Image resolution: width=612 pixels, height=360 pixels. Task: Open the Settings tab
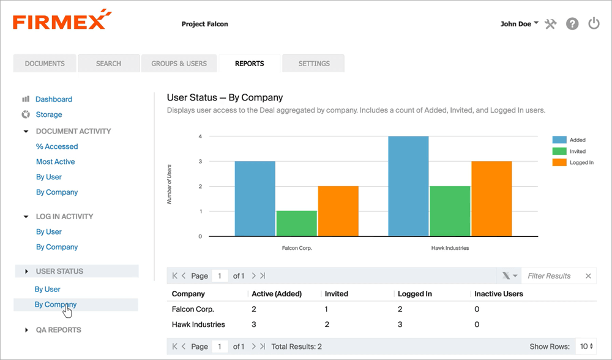[314, 64]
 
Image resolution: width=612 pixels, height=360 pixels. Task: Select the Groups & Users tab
[179, 64]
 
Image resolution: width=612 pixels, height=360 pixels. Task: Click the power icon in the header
[593, 24]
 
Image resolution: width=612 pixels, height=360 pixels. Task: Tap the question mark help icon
[572, 24]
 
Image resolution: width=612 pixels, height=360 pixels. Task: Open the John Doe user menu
[519, 24]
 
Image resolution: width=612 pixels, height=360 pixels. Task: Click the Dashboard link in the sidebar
[54, 99]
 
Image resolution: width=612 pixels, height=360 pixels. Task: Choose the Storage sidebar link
[49, 114]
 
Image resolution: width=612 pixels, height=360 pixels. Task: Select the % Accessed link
[57, 146]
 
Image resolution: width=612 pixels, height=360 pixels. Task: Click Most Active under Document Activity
[56, 162]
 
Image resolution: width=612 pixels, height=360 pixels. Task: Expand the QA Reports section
[58, 330]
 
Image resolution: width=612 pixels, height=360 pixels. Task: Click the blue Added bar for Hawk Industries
[408, 186]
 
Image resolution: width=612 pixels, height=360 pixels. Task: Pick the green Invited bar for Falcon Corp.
[296, 223]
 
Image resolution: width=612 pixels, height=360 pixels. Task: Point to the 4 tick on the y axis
[200, 137]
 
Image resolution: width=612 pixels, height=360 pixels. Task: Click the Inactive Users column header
[498, 294]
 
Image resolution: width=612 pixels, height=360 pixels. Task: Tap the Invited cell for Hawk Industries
[327, 324]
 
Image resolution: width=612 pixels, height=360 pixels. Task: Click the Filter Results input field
[553, 276]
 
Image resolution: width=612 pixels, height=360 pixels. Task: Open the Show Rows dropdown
[586, 347]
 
